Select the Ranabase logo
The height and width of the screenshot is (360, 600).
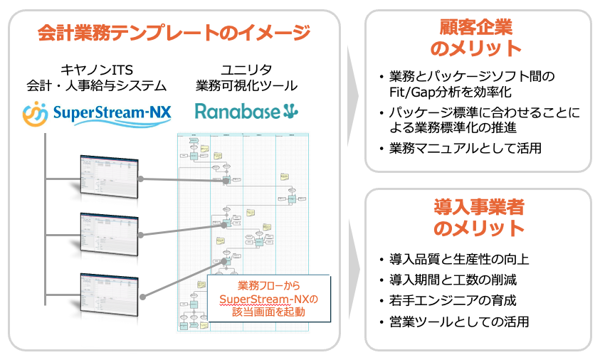246,112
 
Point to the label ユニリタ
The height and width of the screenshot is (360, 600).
246,69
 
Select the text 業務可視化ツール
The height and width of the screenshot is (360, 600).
246,86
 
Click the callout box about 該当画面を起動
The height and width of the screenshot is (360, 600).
270,298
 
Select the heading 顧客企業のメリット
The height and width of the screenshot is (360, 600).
477,38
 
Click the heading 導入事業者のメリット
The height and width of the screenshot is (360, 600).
478,217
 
